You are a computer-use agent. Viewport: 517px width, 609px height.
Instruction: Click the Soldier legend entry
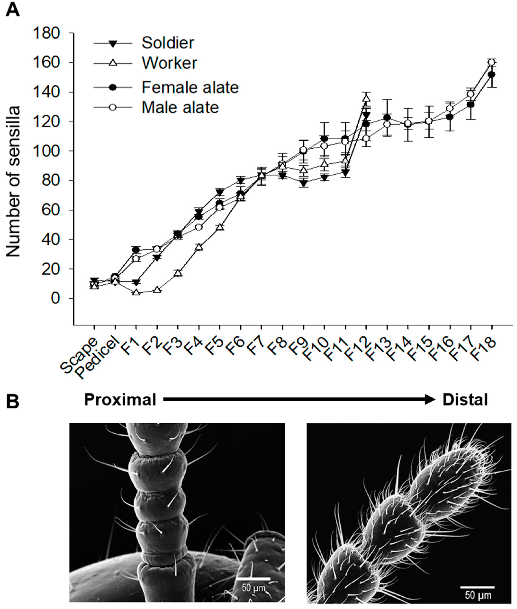[x=168, y=43]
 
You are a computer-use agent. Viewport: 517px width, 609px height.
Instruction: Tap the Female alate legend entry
[x=190, y=87]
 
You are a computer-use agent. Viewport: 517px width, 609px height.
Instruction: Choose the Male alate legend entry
[x=180, y=107]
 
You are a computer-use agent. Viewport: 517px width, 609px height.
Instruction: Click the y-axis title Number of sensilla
[x=13, y=182]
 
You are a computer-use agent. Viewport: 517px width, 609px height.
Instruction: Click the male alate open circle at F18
[x=491, y=62]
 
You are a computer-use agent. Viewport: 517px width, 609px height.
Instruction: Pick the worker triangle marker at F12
[x=366, y=98]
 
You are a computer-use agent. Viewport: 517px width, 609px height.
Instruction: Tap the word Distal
[x=465, y=400]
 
